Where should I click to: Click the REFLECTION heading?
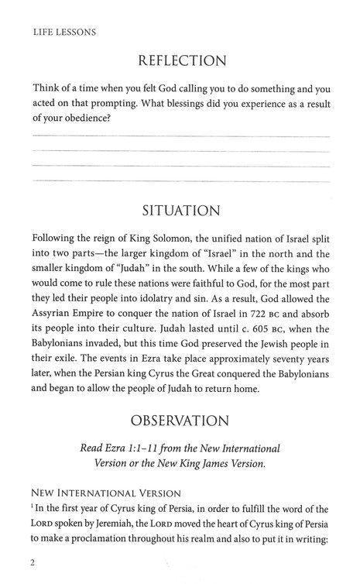(x=180, y=60)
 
